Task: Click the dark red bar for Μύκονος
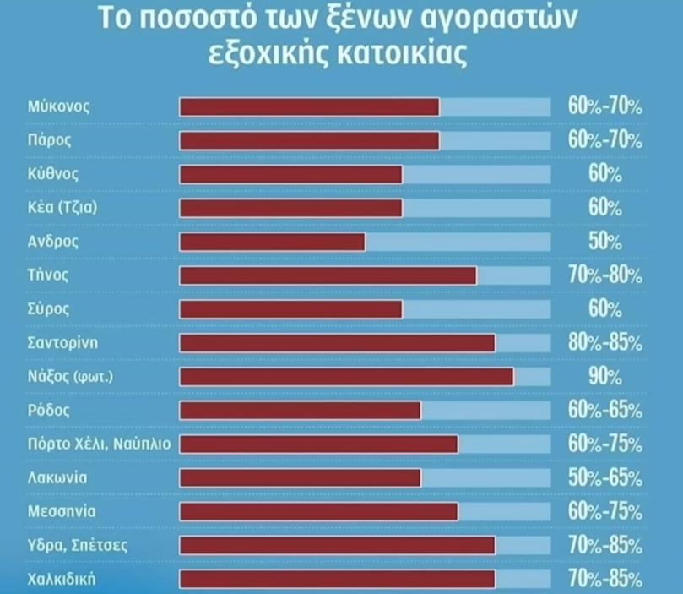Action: click(309, 106)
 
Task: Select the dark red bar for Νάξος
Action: click(346, 377)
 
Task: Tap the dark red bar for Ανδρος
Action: click(272, 242)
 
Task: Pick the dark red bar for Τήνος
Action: click(328, 275)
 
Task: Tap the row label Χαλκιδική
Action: click(61, 580)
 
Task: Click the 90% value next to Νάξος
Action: click(604, 377)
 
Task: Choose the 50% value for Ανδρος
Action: click(604, 242)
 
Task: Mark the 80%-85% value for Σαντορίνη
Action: click(604, 343)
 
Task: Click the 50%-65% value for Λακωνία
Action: click(604, 478)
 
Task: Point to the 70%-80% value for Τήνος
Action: click(604, 275)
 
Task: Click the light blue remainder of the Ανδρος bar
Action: click(457, 242)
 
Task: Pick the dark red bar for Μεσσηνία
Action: click(318, 512)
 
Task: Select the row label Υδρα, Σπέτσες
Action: click(78, 546)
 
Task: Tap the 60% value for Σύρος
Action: click(604, 309)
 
